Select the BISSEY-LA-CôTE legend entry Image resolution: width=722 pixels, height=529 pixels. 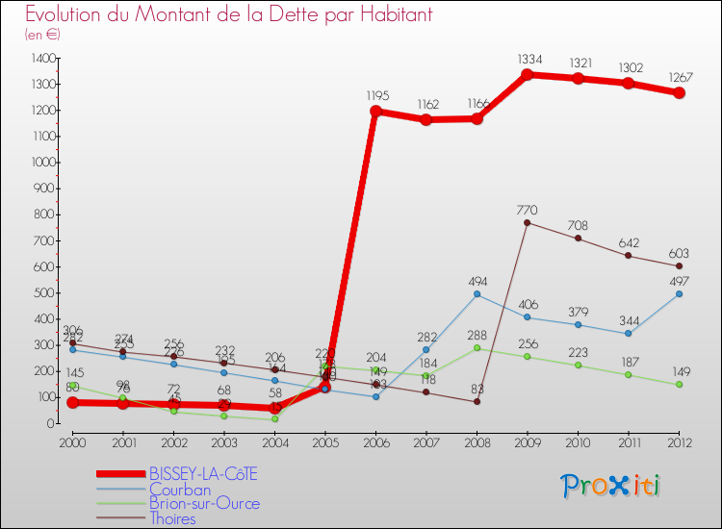pyautogui.click(x=203, y=473)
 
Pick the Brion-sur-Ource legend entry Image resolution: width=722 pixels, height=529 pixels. pyautogui.click(x=203, y=503)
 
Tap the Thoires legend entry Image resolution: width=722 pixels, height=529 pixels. pyautogui.click(x=172, y=518)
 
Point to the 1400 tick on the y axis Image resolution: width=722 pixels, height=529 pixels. pyautogui.click(x=42, y=59)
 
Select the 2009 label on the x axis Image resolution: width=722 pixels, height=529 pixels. pyautogui.click(x=528, y=441)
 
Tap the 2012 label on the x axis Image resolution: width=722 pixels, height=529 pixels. pyautogui.click(x=679, y=441)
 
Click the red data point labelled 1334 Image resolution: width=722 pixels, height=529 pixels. pyautogui.click(x=528, y=75)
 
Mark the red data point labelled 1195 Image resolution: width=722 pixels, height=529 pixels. pyautogui.click(x=375, y=111)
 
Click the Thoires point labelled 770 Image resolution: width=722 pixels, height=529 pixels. pyautogui.click(x=528, y=222)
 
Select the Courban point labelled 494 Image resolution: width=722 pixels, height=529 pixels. pyautogui.click(x=477, y=294)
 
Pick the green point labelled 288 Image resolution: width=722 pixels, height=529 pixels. pyautogui.click(x=477, y=347)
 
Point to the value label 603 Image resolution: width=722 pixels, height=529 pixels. pyautogui.click(x=679, y=251)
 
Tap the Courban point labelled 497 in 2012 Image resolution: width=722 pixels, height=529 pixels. pyautogui.click(x=679, y=293)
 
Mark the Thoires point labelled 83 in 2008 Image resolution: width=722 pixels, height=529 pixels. pyautogui.click(x=477, y=401)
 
